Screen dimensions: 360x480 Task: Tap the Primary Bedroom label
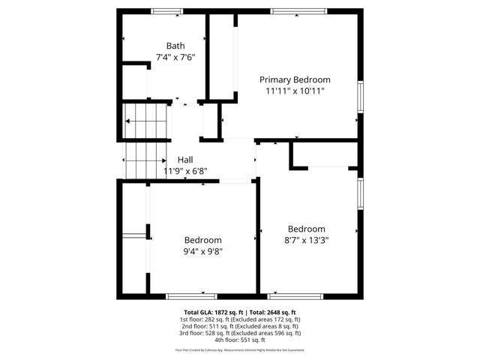(x=295, y=79)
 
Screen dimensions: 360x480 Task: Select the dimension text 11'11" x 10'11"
(x=295, y=91)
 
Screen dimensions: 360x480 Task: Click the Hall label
(x=185, y=160)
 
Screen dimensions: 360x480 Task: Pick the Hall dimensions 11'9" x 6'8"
(x=185, y=171)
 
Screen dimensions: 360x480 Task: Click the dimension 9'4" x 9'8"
(x=203, y=251)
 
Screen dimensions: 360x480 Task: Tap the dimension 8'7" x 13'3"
(x=307, y=240)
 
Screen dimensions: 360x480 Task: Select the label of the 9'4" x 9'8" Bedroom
(x=203, y=240)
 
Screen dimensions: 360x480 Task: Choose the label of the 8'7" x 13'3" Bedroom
(x=307, y=229)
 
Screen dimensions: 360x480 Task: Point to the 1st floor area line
(x=240, y=319)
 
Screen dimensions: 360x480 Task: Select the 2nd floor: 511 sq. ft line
(x=240, y=326)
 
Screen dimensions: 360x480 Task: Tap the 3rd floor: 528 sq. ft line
(x=240, y=333)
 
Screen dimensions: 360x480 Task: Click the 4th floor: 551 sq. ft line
(x=240, y=340)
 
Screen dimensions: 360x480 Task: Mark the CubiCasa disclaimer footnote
(x=240, y=349)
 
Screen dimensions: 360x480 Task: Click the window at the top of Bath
(x=166, y=10)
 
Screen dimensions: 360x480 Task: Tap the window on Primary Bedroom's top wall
(x=298, y=10)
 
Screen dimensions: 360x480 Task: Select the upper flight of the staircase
(x=145, y=118)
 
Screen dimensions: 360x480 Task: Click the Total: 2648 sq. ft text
(x=273, y=312)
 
